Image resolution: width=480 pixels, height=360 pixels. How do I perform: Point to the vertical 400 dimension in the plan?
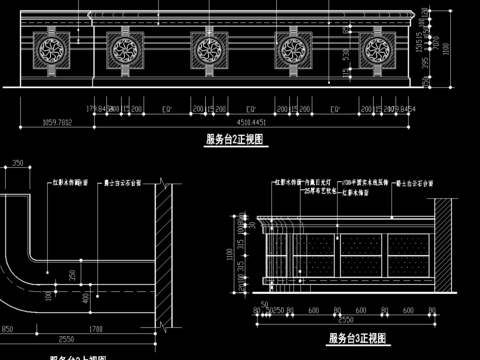tap(86, 296)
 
